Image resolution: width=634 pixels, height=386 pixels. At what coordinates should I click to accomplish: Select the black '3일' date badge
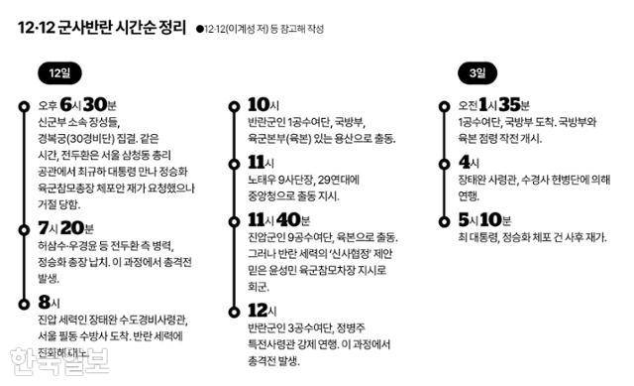click(478, 72)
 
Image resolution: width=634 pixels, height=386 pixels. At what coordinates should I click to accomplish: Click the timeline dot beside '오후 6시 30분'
click(21, 105)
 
